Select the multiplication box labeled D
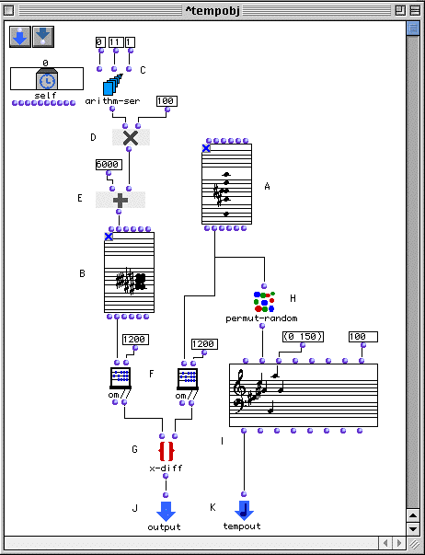(x=131, y=137)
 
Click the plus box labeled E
(x=121, y=200)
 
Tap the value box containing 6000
(x=109, y=165)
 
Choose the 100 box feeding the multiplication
(x=167, y=101)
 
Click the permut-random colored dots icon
(x=264, y=302)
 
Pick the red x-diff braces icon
(x=166, y=452)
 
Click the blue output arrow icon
(x=166, y=511)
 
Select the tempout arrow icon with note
(x=244, y=511)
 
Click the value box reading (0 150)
(x=303, y=337)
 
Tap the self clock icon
(x=47, y=80)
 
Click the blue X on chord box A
(x=206, y=148)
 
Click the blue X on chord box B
(x=109, y=237)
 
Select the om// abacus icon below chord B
(x=121, y=378)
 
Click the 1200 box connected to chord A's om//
(x=203, y=344)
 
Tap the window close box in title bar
(x=8, y=11)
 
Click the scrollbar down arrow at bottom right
(x=413, y=529)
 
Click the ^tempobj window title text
(x=212, y=11)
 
